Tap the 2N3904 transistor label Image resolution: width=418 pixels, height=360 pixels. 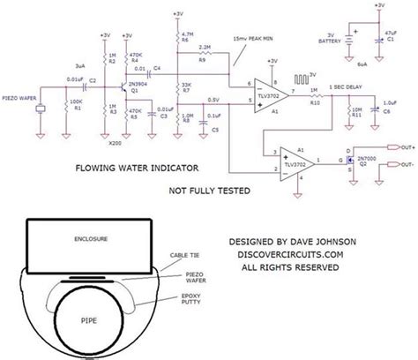click(x=136, y=82)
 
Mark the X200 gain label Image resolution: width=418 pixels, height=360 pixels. click(x=113, y=141)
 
